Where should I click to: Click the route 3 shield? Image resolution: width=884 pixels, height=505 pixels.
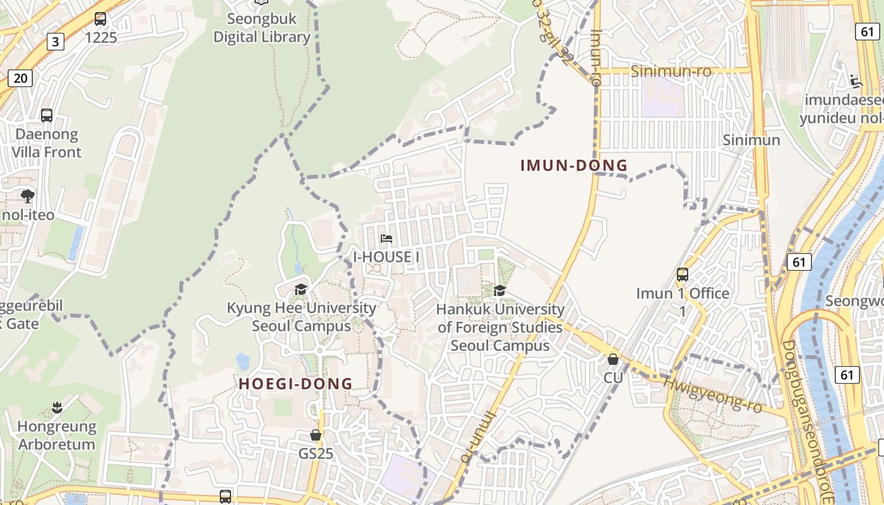coord(56,42)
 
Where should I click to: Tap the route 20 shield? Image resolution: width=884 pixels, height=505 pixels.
coord(20,78)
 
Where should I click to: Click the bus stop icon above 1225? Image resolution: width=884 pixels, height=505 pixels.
coord(100,19)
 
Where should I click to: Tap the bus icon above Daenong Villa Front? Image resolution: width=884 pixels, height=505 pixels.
coord(47,116)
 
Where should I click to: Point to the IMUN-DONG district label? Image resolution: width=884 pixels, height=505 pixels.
coord(574,166)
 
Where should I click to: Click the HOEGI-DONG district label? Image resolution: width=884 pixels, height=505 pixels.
coord(296,384)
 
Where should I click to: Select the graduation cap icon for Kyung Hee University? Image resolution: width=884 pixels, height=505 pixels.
coord(301,289)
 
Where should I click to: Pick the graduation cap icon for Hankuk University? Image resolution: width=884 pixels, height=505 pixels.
coord(500,290)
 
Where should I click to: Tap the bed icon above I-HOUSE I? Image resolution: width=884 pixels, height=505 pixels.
coord(386,239)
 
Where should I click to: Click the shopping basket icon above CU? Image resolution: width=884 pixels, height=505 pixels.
coord(612,359)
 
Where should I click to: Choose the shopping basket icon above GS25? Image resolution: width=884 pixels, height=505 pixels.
coord(316,435)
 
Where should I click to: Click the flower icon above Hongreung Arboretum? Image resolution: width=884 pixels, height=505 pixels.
coord(57,408)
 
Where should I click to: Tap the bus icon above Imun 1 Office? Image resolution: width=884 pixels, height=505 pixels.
coord(683,275)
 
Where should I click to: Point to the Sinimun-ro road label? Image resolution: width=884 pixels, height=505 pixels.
coord(671,71)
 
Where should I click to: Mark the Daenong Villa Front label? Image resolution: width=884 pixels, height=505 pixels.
coord(47,143)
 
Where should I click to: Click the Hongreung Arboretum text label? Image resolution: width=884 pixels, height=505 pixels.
coord(57,436)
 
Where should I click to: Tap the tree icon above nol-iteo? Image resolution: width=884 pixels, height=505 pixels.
coord(28,196)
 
